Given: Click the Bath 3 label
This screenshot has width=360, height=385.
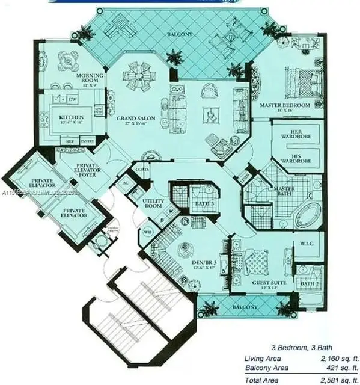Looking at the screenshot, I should point(205,204).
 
